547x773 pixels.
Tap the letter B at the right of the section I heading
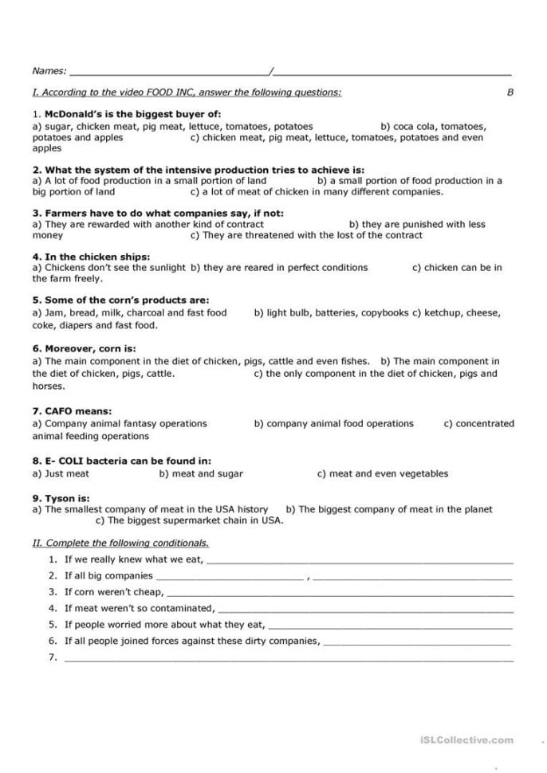point(510,92)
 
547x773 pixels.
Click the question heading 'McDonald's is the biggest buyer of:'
point(132,114)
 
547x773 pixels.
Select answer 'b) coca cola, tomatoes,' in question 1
point(433,126)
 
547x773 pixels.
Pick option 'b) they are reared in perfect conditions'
point(279,268)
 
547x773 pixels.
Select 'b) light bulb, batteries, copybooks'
point(331,313)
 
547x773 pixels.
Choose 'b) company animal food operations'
point(333,424)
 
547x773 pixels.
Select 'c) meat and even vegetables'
point(382,473)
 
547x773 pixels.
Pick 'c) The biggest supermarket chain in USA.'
point(189,521)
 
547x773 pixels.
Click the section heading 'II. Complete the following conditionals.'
point(120,543)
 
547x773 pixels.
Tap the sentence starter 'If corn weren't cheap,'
point(114,592)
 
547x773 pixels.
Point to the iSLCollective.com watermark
point(466,740)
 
